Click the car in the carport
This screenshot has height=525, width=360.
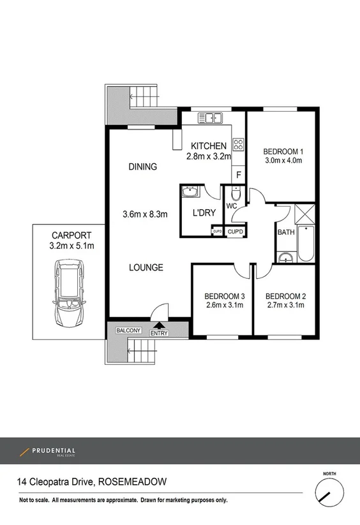(69, 294)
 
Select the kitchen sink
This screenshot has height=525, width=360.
(209, 117)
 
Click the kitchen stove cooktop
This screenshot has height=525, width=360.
(238, 145)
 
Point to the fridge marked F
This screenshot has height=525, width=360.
(239, 175)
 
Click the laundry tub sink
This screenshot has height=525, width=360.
(190, 192)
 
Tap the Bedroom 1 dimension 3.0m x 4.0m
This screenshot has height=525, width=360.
(282, 161)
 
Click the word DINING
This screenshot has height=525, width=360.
(142, 167)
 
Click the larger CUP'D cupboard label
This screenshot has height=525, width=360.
(236, 231)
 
